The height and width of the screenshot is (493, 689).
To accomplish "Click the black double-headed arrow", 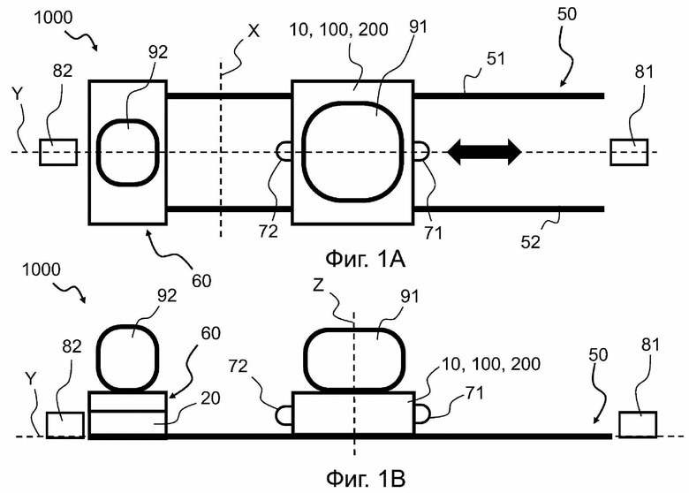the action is click(x=484, y=152).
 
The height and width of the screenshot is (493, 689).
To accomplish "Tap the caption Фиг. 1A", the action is click(x=365, y=259).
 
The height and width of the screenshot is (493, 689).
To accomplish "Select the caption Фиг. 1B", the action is click(x=365, y=478).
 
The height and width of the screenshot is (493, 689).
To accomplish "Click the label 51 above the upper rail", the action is click(x=496, y=58).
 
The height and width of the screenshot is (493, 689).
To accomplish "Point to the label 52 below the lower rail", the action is click(x=530, y=242).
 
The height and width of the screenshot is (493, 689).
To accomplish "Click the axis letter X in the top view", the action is click(x=254, y=31).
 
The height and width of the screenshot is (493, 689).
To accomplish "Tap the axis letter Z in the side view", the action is click(x=318, y=285).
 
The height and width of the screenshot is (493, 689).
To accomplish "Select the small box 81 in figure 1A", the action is click(x=629, y=152).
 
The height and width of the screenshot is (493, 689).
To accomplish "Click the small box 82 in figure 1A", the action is click(x=58, y=152).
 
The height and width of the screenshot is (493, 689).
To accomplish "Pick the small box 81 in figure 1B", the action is click(x=638, y=424).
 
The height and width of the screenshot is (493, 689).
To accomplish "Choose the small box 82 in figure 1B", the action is click(x=65, y=425).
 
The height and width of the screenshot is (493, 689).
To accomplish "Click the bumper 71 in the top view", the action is click(x=421, y=151).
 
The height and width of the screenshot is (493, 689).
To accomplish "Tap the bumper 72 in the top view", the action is click(x=284, y=151).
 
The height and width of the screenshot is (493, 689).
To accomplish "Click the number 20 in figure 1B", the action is click(x=210, y=398).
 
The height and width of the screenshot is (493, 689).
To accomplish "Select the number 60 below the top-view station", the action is click(x=201, y=281).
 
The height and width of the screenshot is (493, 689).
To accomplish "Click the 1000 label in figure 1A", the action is click(x=53, y=18).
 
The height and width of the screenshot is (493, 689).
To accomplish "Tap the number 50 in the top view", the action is click(x=567, y=14).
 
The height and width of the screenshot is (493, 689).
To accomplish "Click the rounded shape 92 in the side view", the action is click(x=127, y=358).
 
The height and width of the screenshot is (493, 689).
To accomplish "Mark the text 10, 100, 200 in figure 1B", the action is click(x=491, y=364).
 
